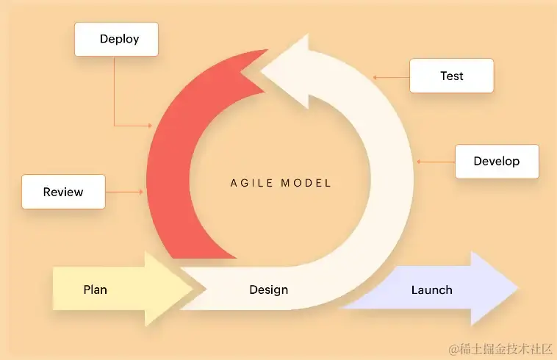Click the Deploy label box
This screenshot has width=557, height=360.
click(117, 39)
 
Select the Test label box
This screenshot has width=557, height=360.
click(451, 76)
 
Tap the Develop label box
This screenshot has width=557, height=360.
click(497, 162)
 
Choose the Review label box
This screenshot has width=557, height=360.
click(63, 192)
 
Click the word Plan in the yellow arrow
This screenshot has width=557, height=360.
click(95, 289)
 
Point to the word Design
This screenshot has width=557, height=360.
click(268, 289)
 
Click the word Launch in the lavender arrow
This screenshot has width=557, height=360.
click(431, 289)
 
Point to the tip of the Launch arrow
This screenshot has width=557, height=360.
click(517, 289)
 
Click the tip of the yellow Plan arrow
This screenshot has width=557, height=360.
click(193, 289)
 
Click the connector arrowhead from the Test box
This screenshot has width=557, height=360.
click(374, 76)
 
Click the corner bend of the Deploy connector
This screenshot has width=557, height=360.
click(115, 126)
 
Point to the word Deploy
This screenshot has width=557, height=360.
click(119, 39)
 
